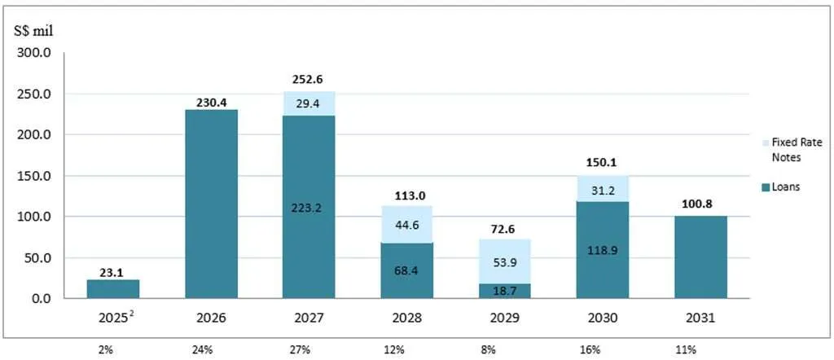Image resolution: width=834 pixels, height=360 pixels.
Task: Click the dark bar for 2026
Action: (212, 204)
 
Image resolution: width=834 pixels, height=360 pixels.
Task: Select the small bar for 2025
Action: (114, 289)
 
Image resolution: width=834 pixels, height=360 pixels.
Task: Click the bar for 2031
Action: (700, 257)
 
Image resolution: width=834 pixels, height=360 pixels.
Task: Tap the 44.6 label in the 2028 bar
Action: (407, 225)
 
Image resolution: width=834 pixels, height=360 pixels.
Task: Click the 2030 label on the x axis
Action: (603, 318)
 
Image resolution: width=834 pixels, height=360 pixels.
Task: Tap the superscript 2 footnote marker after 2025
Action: (131, 314)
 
